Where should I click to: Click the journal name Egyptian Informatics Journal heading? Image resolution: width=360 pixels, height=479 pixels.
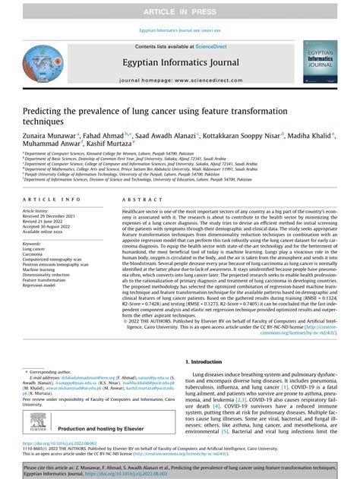[x=180, y=65]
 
